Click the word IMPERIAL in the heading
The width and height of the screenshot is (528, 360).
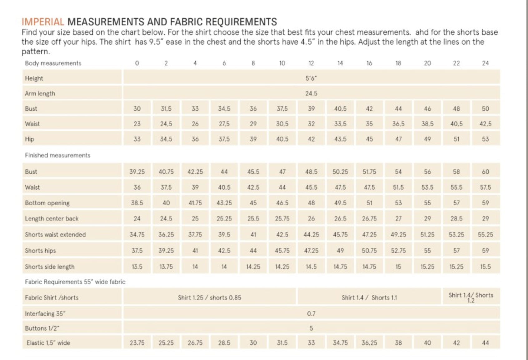tap(43, 22)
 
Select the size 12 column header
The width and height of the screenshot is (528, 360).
tap(311, 63)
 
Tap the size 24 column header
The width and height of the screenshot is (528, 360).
tap(485, 63)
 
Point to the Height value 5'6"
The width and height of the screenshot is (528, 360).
tap(311, 78)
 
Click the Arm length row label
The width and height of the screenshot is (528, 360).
tap(40, 93)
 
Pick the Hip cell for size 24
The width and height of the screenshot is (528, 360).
tap(485, 139)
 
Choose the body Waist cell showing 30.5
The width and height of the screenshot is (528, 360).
tap(282, 124)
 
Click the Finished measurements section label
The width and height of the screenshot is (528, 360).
tap(57, 155)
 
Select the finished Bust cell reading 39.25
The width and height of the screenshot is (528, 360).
tap(137, 172)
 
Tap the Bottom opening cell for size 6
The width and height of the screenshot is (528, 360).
tap(224, 203)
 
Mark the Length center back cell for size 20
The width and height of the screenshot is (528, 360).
tap(427, 219)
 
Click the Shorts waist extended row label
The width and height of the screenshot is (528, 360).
tap(55, 235)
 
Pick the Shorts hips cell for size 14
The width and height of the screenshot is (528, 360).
tap(340, 251)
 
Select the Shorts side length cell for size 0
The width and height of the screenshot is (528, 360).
tap(137, 267)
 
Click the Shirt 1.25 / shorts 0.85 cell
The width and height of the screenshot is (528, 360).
tap(209, 297)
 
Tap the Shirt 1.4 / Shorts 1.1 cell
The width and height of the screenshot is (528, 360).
tap(369, 297)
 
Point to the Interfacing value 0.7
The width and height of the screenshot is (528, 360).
tap(311, 313)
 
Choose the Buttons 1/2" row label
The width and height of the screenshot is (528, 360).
tap(42, 328)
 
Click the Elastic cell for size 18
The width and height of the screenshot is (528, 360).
tap(398, 343)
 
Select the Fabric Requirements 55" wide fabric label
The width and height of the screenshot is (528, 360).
tap(75, 282)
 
